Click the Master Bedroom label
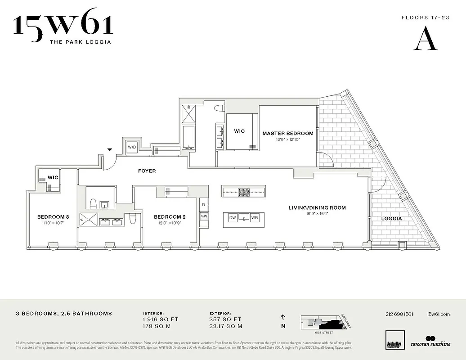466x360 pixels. click(288, 133)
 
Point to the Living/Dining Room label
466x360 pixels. click(317, 208)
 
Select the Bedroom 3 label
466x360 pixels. click(53, 216)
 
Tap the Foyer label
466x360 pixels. click(147, 171)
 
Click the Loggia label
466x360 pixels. click(391, 219)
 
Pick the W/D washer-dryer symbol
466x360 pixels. click(132, 147)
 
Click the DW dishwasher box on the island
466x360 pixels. click(233, 218)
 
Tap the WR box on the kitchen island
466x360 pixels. click(255, 218)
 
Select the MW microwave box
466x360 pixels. click(204, 216)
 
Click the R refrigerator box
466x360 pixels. click(204, 205)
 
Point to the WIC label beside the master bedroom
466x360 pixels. click(239, 131)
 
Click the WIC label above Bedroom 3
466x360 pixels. click(53, 177)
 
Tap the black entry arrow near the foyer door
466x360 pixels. click(109, 150)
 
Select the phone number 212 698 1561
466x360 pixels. click(399, 314)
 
